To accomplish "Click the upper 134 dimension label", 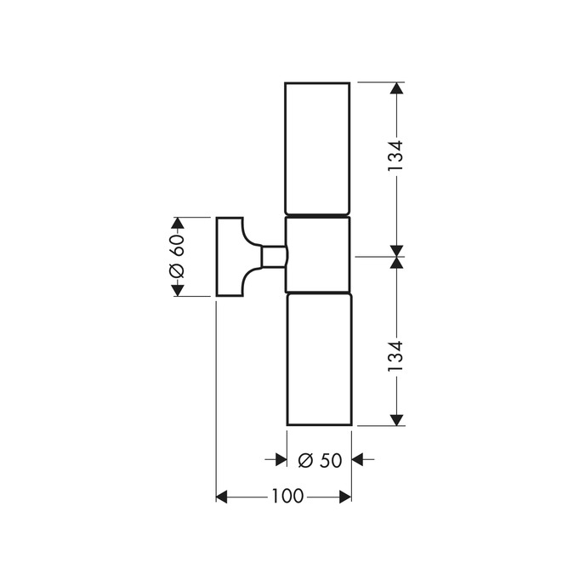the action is [395, 156].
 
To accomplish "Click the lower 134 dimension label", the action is [395, 356].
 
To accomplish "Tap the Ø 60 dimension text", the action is [177, 256].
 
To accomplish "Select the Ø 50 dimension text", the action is [320, 460].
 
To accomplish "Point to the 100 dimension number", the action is [287, 497].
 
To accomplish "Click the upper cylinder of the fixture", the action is [317, 148].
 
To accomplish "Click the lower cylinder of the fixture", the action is [319, 359].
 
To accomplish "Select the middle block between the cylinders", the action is [318, 254].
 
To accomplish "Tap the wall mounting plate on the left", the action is [230, 257].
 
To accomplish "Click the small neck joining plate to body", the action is [273, 257].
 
